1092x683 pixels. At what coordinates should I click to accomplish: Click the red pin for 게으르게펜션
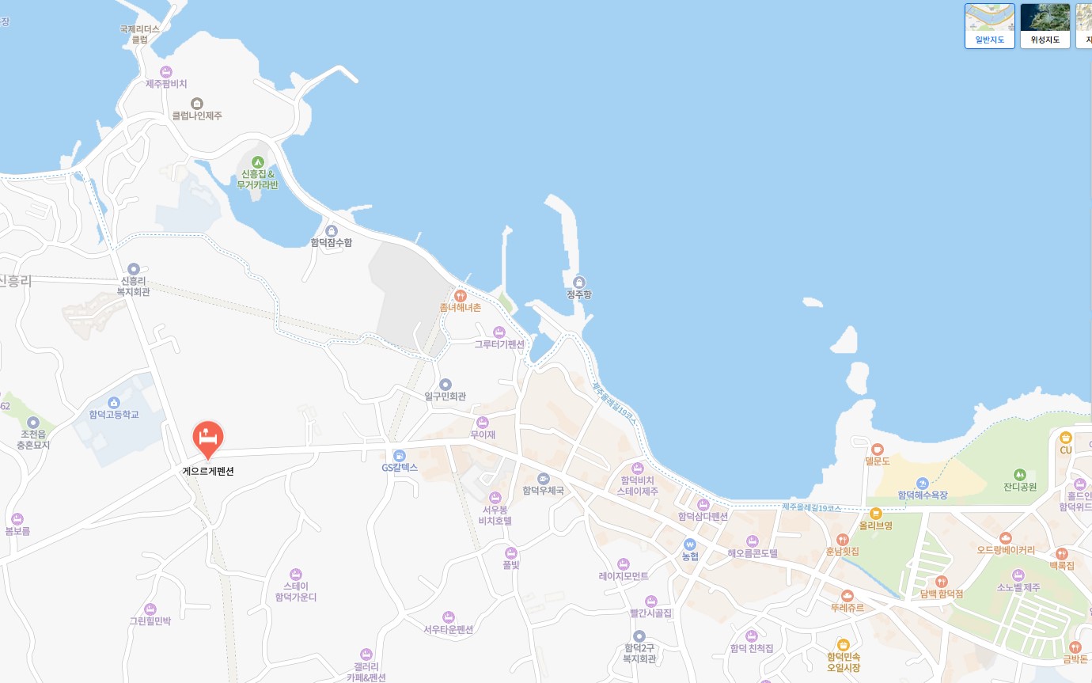click(x=208, y=438)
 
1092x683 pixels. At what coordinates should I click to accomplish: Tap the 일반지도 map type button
click(x=989, y=26)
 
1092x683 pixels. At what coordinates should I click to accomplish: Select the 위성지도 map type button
click(x=1045, y=26)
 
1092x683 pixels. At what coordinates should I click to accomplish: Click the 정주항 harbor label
click(x=578, y=294)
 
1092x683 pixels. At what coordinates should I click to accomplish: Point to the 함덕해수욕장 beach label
click(x=922, y=495)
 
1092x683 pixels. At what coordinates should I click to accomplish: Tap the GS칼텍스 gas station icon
click(x=400, y=456)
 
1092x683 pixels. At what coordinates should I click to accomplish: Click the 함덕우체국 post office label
click(x=544, y=491)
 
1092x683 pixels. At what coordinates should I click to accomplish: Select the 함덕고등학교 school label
click(x=113, y=415)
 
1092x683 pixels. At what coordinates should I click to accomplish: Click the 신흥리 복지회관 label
click(x=133, y=286)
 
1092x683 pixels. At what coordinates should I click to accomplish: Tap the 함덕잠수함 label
click(x=332, y=243)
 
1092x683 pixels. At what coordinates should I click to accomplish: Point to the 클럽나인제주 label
click(x=197, y=116)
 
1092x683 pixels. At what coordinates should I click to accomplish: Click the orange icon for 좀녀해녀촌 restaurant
click(x=460, y=296)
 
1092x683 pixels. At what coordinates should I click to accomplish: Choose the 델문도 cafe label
click(x=877, y=461)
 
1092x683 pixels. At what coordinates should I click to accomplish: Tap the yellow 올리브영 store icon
click(x=875, y=514)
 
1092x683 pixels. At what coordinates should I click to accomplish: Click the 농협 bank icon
click(x=690, y=545)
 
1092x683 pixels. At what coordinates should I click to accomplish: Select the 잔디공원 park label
click(x=1019, y=487)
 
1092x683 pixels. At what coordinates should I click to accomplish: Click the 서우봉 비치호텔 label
click(x=497, y=515)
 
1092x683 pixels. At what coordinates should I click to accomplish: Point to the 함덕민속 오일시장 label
click(x=843, y=662)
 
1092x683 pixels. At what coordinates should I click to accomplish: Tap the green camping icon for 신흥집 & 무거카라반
click(x=257, y=162)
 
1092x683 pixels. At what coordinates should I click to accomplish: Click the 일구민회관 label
click(x=445, y=396)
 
